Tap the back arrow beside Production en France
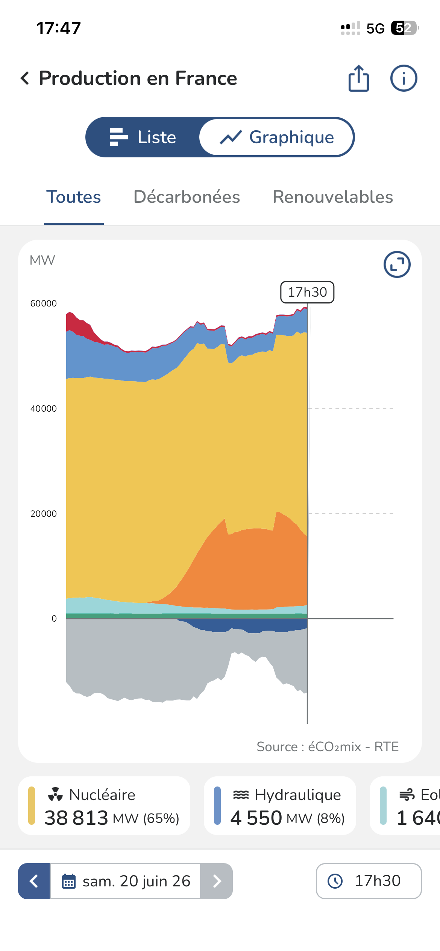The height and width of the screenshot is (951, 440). coord(25,78)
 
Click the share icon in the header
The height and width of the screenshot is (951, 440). coord(359,78)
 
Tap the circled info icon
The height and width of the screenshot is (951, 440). coord(404,78)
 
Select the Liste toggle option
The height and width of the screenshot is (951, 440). coord(143,137)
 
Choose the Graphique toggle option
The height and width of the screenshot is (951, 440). coord(277,137)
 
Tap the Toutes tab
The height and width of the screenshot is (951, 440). coord(74,197)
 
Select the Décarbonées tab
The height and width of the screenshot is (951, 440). coord(187,197)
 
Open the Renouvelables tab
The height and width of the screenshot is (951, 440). coord(333,197)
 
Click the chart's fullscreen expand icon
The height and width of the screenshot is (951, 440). coord(397,264)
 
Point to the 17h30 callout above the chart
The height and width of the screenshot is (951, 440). coord(307,292)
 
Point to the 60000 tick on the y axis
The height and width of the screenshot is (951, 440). coord(44,303)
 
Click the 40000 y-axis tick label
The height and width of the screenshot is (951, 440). coord(44,409)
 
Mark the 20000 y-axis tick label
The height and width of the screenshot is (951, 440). coord(44,514)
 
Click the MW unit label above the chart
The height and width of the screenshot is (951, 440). coord(42,260)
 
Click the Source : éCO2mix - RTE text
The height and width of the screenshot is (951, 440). coord(328,747)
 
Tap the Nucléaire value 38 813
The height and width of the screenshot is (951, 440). coord(76,818)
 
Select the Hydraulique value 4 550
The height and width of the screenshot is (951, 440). coord(256,818)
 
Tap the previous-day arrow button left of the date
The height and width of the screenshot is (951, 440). coord(34,881)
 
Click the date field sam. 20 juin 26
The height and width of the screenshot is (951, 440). coord(125,881)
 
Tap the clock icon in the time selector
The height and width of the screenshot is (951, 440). coord(335,881)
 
